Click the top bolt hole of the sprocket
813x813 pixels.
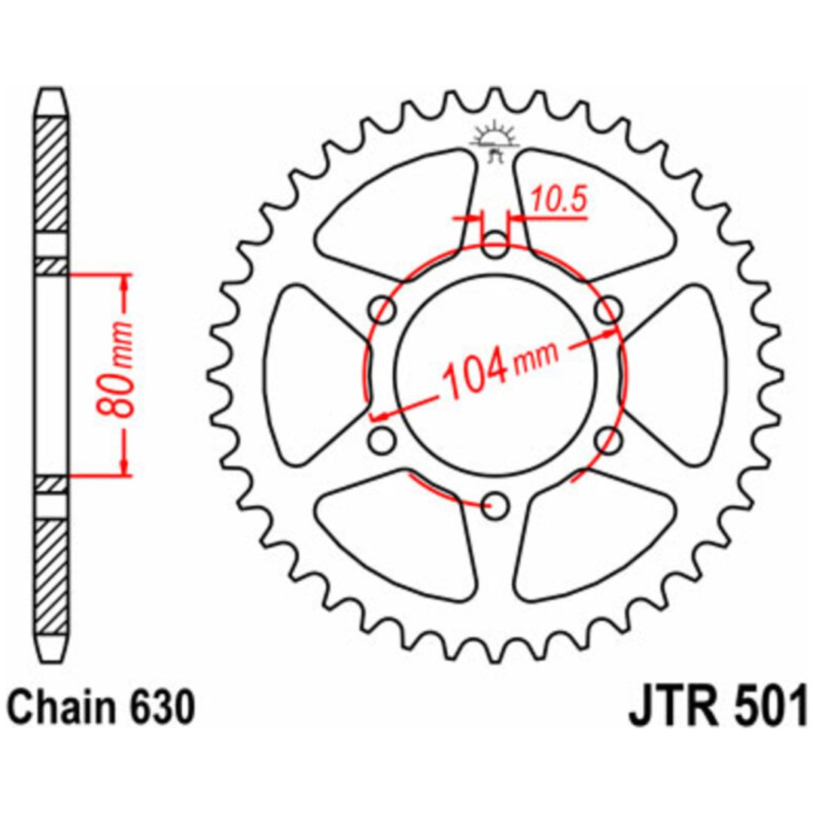(x=495, y=245)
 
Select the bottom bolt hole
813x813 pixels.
(x=495, y=506)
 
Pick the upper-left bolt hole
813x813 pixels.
(x=382, y=310)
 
